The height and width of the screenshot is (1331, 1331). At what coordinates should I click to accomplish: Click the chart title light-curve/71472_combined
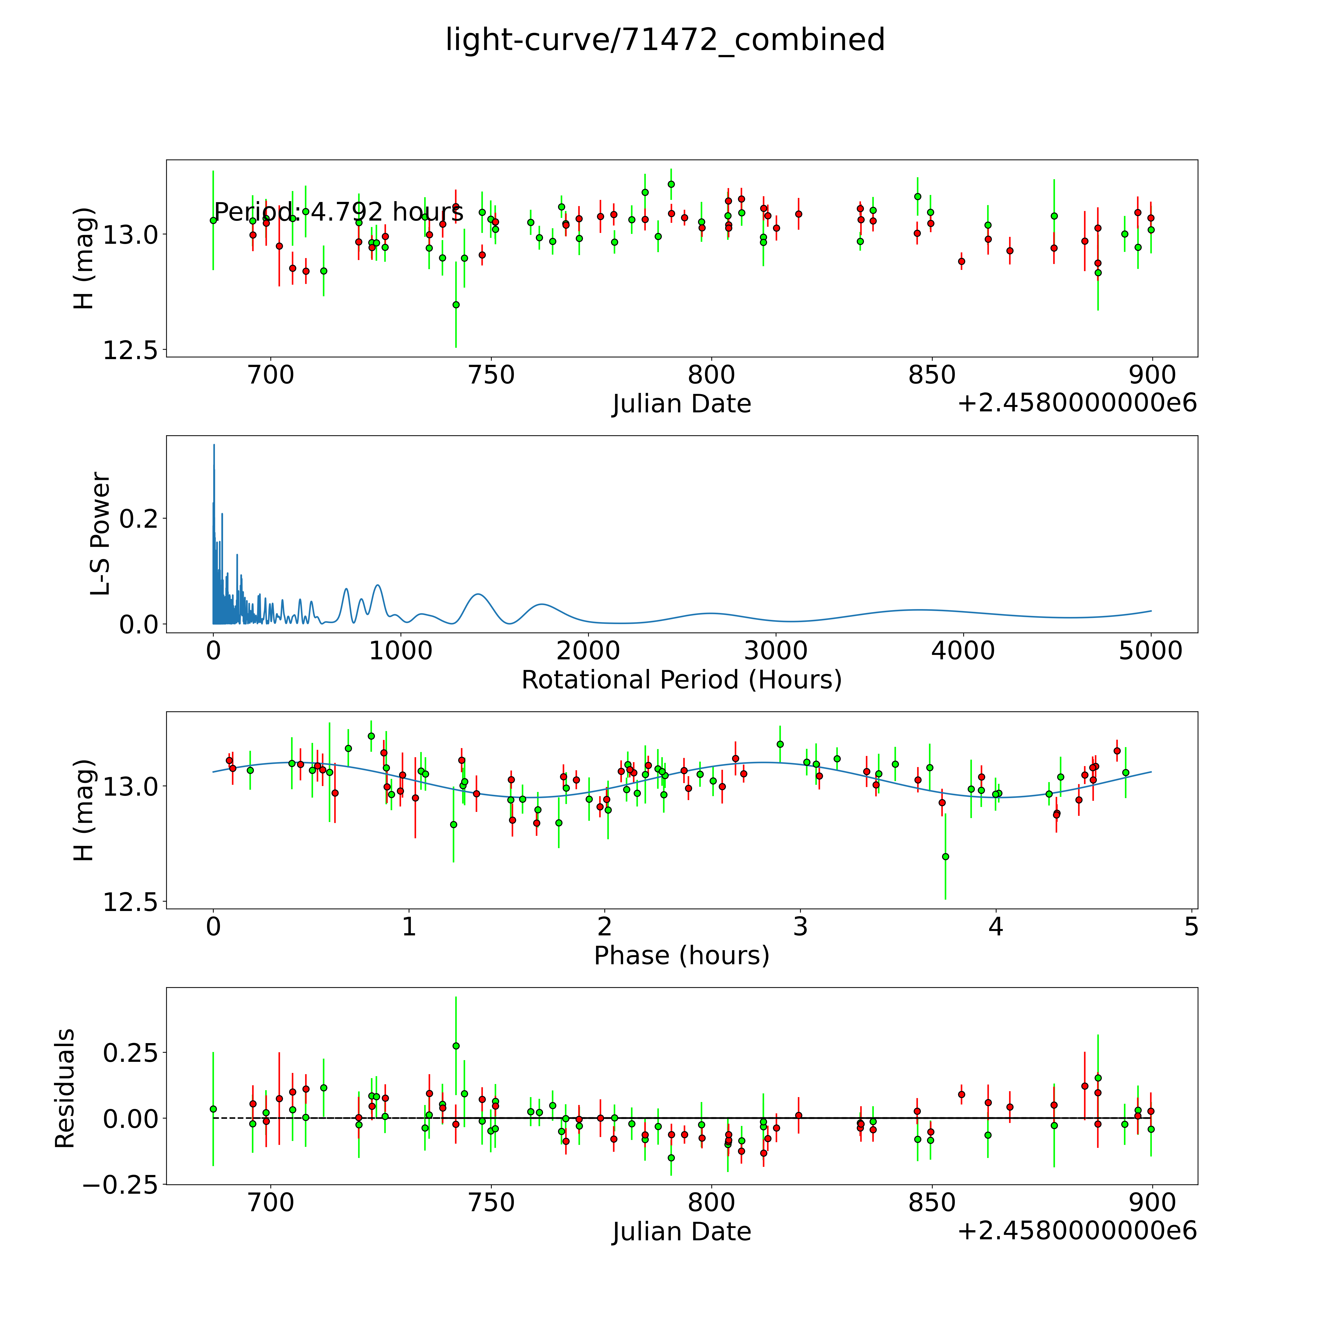[x=665, y=40]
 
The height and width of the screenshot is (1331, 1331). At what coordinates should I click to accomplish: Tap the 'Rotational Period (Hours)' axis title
[x=681, y=680]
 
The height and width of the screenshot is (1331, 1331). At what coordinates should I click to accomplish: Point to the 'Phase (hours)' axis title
[x=681, y=956]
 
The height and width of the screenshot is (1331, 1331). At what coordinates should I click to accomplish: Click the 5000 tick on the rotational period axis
[x=1151, y=651]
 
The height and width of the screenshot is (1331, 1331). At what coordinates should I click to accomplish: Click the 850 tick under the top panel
[x=931, y=375]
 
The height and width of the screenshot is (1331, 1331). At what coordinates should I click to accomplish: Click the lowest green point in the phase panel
[x=945, y=856]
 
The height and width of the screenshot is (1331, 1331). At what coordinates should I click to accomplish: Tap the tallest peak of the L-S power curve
[x=213, y=445]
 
